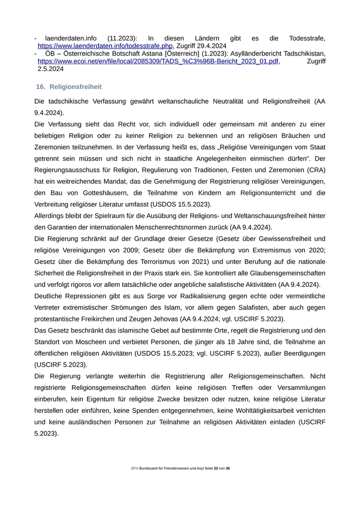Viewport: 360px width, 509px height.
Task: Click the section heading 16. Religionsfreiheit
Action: [x=69, y=87]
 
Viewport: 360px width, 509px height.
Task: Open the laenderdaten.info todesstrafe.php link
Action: [x=105, y=46]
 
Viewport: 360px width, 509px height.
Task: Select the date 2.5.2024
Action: [x=50, y=68]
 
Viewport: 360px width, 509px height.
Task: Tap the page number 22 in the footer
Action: [x=216, y=468]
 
